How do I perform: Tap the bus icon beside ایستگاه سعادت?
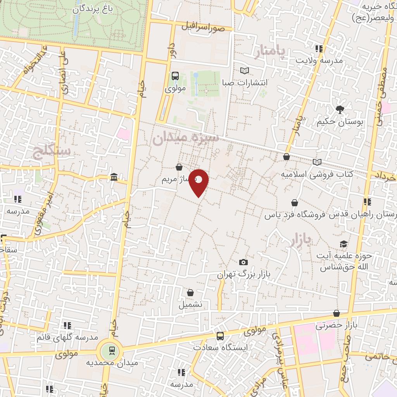point(220,336)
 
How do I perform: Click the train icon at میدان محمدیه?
point(112,351)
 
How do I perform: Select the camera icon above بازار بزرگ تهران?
point(243,262)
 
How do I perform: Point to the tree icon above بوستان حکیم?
point(340,109)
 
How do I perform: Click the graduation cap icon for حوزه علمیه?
point(343,244)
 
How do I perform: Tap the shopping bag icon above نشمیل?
point(190,293)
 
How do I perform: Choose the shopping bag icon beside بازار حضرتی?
point(337,313)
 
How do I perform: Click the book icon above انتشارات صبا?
point(244,71)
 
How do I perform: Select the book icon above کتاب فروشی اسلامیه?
point(317,162)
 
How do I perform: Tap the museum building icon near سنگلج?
point(114,177)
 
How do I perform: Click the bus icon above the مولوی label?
point(175,76)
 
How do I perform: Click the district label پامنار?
point(270,52)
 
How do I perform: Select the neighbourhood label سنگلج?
point(52,152)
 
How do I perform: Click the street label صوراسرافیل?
point(203,27)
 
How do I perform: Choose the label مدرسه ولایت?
point(319,60)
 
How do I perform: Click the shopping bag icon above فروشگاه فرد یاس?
point(295,203)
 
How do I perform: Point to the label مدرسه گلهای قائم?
point(67,337)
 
